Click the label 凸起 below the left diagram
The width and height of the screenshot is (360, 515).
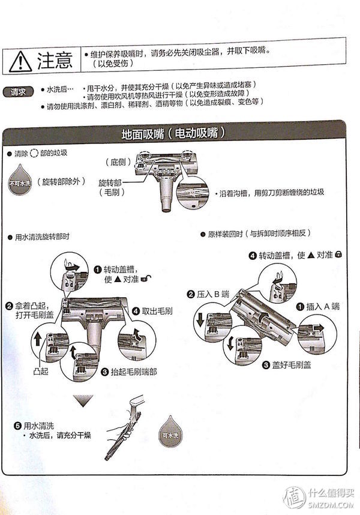click(x=42, y=372)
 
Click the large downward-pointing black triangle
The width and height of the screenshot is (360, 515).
click(x=83, y=401)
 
